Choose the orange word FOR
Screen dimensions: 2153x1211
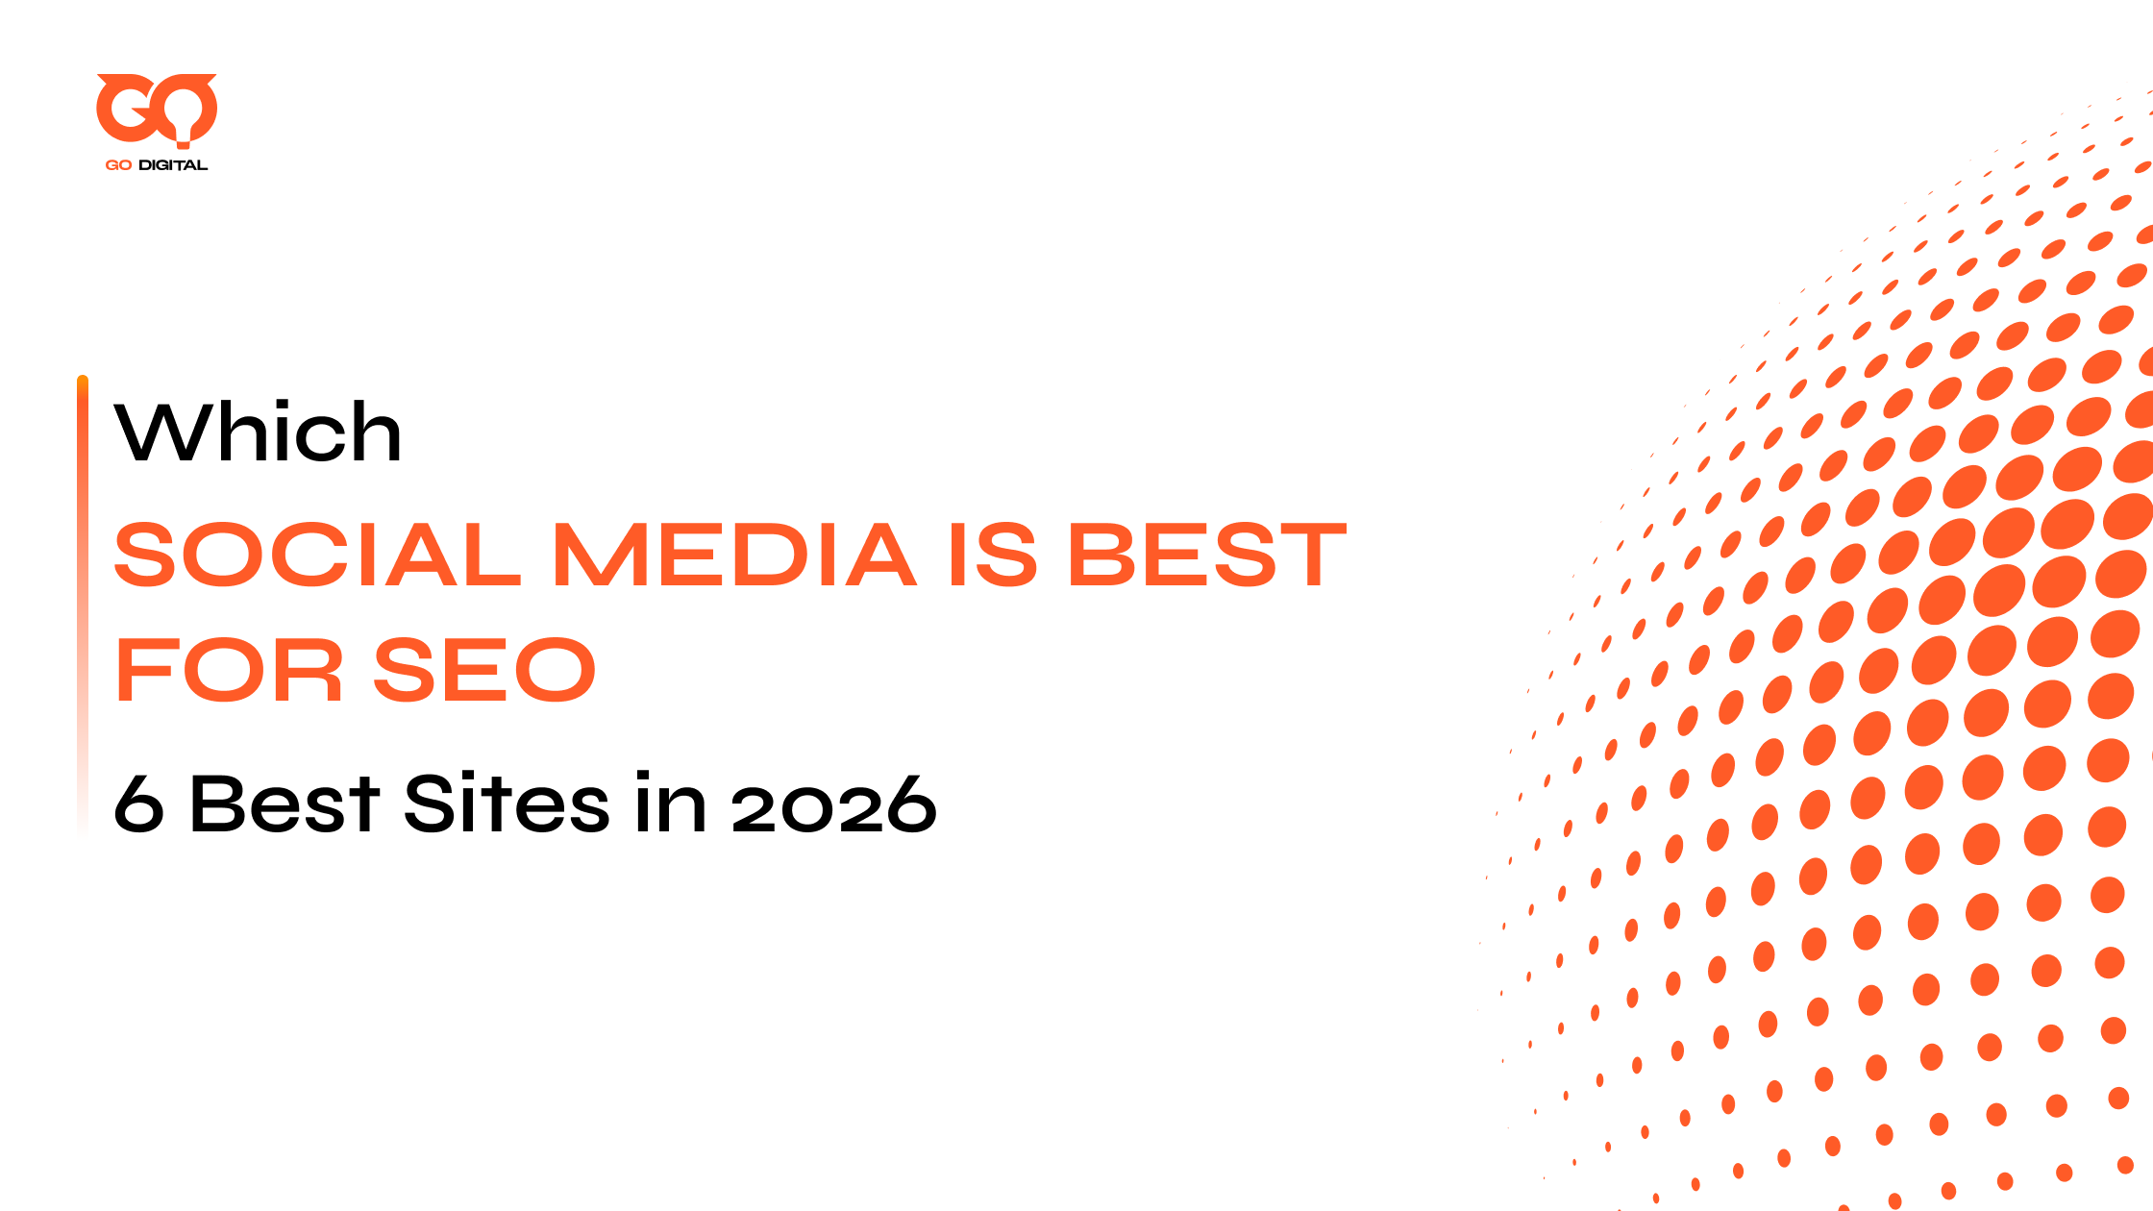click(229, 670)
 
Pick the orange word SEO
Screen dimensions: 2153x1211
click(484, 670)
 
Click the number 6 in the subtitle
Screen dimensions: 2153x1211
click(138, 803)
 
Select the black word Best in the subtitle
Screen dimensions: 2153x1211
click(285, 803)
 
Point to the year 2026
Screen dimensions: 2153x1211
click(833, 803)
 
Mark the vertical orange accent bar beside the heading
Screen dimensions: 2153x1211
click(83, 605)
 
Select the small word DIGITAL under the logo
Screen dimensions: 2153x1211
click(173, 165)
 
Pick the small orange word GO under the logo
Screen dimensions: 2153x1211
click(118, 165)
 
